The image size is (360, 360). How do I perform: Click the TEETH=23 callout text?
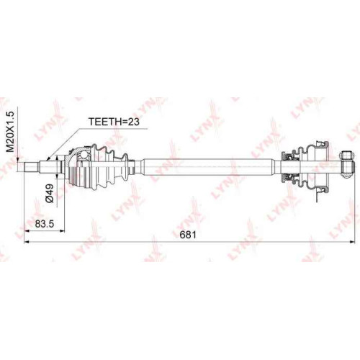114,122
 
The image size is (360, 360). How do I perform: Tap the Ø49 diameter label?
50,193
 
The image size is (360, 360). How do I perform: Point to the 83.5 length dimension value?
45,224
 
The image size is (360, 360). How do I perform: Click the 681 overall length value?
188,235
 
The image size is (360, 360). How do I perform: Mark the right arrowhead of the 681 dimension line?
352,242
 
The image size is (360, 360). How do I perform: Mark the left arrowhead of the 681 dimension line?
27,242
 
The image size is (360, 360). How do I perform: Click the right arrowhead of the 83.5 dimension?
62,231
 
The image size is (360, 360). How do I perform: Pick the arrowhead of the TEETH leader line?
48,158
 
